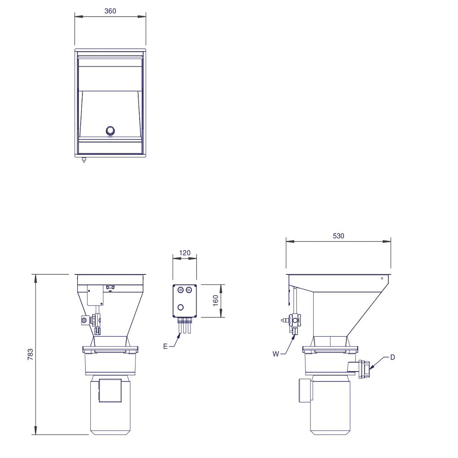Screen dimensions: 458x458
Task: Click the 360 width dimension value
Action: [110, 11]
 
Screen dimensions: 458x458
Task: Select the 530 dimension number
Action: [338, 236]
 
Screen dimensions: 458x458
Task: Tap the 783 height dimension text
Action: [30, 354]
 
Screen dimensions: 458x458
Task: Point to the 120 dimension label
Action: [185, 253]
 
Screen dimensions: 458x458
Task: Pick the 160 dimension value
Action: [216, 300]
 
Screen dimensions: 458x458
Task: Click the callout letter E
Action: [165, 346]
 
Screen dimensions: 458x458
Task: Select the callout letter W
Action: [275, 354]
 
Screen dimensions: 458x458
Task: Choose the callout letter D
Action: [393, 357]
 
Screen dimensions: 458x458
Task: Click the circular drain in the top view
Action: [110, 131]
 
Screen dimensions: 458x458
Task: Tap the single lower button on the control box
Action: [180, 307]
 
